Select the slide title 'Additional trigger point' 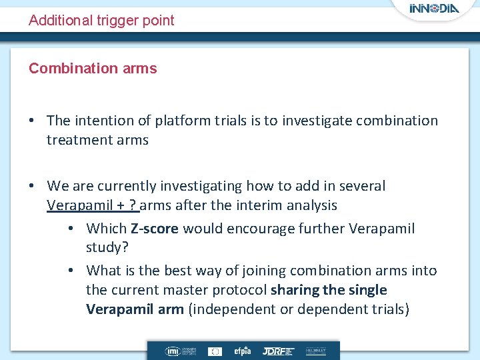click(101, 21)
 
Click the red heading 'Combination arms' click(93, 69)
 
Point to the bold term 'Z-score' click(154, 229)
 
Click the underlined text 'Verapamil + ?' click(91, 205)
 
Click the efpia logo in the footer click(241, 351)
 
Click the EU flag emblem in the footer click(215, 351)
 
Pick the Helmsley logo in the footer click(315, 351)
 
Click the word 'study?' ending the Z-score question click(107, 248)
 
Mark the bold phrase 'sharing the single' click(329, 290)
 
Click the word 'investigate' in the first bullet click(317, 121)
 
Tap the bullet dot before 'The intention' click(33, 121)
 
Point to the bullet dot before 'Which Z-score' click(71, 229)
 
